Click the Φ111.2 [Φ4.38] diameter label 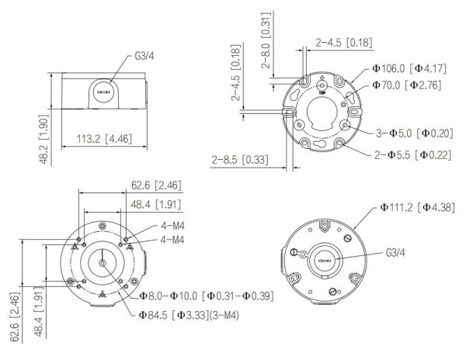pyautogui.click(x=419, y=207)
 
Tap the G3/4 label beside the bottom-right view pyautogui.click(x=397, y=252)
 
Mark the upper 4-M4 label pyautogui.click(x=172, y=226)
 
